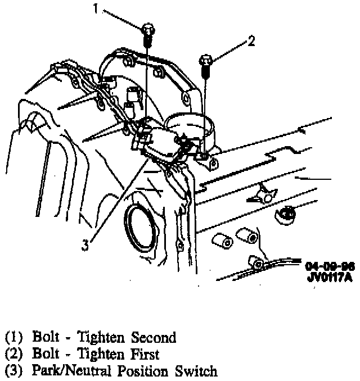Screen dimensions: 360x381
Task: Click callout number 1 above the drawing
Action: (96, 10)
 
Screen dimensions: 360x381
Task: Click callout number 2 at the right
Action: (251, 40)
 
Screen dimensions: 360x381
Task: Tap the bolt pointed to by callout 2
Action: (206, 63)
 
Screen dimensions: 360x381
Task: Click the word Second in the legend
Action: (154, 338)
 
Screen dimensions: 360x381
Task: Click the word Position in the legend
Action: (137, 371)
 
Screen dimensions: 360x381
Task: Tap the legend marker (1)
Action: (13, 338)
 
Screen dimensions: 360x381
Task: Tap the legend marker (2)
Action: (13, 355)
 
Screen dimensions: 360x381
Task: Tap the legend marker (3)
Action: (13, 371)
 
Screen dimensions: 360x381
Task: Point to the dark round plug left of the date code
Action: (287, 213)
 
